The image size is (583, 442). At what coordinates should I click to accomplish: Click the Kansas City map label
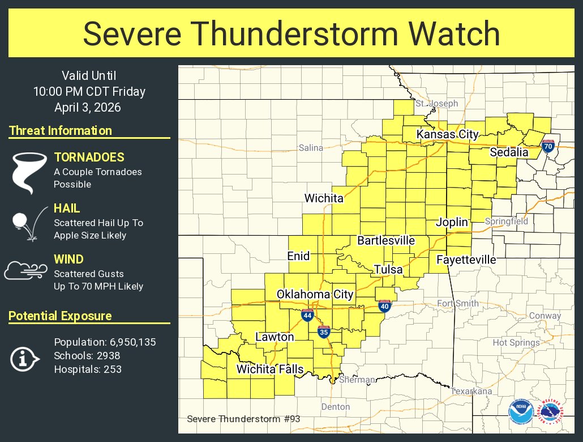coord(448,134)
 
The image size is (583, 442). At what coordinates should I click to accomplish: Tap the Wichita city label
coord(324,198)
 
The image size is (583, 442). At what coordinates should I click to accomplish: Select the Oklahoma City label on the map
coord(315,294)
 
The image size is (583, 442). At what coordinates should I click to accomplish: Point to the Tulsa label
coord(388,269)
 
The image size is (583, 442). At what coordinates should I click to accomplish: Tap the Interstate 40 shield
coord(384,306)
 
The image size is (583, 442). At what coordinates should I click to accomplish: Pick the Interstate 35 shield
coord(324,332)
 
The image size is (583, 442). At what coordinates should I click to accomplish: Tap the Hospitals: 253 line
coord(88,369)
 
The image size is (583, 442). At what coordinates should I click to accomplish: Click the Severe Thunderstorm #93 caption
coord(235,419)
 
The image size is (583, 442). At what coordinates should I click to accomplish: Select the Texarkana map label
coord(471,392)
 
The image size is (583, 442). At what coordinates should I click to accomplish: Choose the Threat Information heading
coord(61,131)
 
